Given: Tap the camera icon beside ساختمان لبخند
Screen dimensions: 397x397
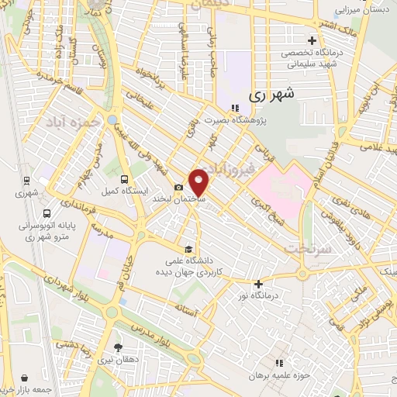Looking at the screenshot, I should click(x=179, y=187).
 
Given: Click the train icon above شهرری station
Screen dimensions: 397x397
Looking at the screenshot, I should click(x=26, y=179).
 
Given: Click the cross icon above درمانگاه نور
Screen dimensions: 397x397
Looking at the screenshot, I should click(x=257, y=284).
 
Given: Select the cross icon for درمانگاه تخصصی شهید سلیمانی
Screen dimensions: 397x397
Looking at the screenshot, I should click(x=312, y=40).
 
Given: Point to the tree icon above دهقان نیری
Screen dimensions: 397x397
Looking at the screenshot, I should click(x=118, y=347).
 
